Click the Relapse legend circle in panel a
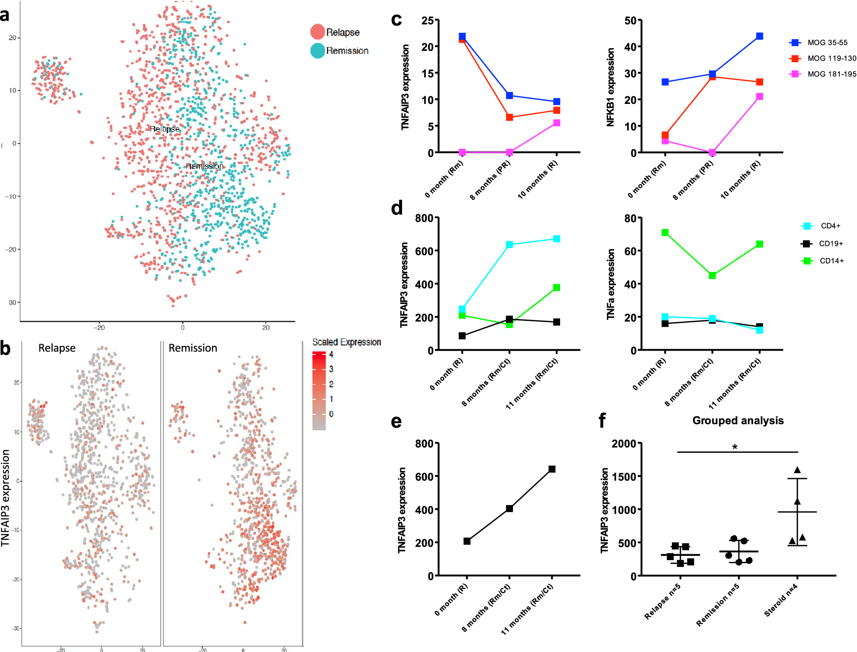pos(318,32)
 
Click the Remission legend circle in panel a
pos(318,50)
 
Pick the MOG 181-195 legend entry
pos(822,74)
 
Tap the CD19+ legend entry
pos(822,243)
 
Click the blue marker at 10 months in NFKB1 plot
pos(759,36)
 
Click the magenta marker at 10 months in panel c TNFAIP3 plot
pos(557,123)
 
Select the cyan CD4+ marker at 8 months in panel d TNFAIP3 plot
pos(509,244)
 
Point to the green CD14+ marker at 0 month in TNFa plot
pos(665,232)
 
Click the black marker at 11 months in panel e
pos(552,469)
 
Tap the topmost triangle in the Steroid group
pos(797,470)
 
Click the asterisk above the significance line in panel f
pos(735,447)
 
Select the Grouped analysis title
pos(738,420)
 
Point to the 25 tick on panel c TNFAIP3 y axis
pos(428,20)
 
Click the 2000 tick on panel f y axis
pos(624,443)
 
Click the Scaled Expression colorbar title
pos(347,342)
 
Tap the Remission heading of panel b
pos(192,348)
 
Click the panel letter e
pos(396,421)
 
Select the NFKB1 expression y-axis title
pos(610,87)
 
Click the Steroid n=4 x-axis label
pos(781,600)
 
